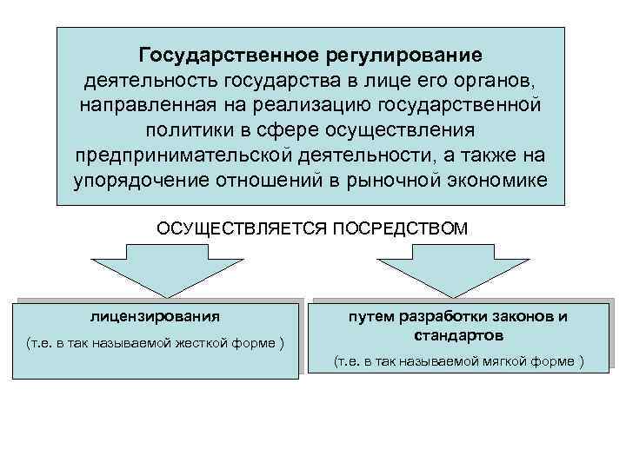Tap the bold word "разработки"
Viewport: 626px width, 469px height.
coord(430,316)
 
